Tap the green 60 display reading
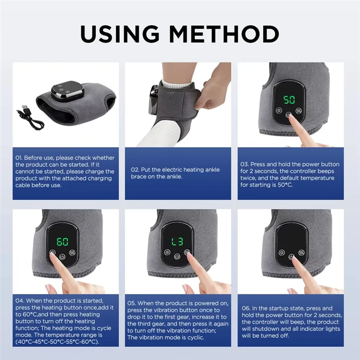pos(63,242)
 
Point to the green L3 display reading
pos(176,242)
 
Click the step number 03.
pos(245,164)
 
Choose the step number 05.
pos(133,303)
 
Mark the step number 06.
pos(246,308)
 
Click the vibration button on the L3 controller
pos(187,252)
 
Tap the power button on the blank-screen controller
pos(291,257)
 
